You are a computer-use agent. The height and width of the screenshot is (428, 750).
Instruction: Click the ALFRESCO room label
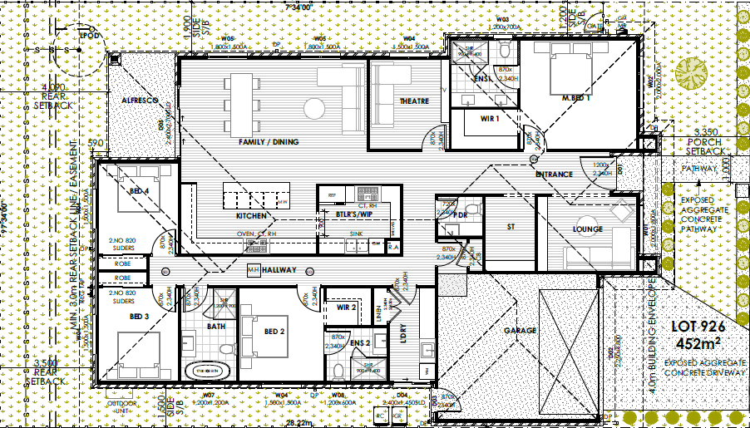[141, 100]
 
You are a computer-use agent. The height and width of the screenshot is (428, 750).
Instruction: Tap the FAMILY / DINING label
[268, 142]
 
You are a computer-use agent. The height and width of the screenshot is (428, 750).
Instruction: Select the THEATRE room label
[414, 101]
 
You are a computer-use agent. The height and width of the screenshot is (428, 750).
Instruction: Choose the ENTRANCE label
[554, 175]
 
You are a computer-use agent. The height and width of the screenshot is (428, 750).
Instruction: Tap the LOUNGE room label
[586, 229]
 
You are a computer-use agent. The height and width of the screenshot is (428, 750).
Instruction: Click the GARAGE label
[519, 330]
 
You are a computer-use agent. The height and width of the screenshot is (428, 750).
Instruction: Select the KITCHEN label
[250, 216]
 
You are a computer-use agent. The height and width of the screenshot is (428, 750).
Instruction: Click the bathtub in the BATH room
[215, 367]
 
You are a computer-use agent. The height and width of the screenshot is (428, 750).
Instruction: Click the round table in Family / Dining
[313, 108]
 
